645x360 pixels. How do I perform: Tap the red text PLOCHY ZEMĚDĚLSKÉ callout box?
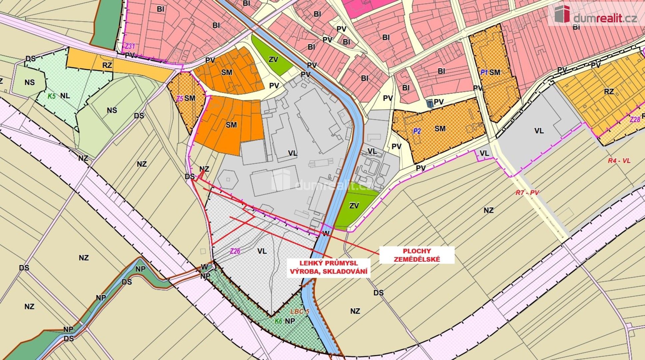tap(417, 255)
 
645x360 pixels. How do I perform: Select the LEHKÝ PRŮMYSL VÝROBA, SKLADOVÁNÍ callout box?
tap(329, 268)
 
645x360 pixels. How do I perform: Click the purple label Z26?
tap(235, 251)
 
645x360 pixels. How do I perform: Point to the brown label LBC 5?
tap(300, 312)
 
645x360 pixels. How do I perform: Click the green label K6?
tap(278, 321)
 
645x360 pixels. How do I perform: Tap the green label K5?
tap(51, 96)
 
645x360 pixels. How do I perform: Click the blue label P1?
tap(484, 72)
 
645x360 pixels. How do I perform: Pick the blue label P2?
tap(416, 131)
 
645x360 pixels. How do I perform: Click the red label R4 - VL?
tap(619, 160)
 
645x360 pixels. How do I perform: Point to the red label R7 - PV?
tap(527, 192)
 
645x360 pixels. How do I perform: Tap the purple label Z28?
tap(635, 119)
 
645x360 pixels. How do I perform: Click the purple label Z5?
tap(180, 98)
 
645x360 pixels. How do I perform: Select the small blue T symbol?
tap(430, 104)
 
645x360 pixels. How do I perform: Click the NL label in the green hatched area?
tap(65, 96)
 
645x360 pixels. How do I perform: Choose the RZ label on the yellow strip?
tap(107, 65)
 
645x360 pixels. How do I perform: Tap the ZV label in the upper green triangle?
tap(273, 60)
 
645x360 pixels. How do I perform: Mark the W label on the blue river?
tap(325, 233)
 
